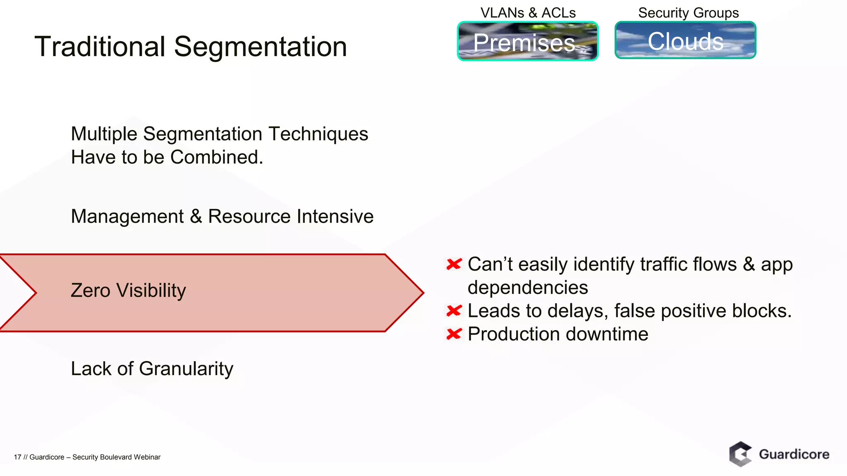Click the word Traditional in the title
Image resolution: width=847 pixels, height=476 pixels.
click(100, 46)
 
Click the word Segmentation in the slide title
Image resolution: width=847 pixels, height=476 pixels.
click(260, 47)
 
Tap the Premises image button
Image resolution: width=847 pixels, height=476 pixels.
click(527, 41)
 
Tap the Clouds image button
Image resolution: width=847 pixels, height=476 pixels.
click(685, 40)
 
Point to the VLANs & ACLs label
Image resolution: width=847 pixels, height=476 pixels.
click(528, 13)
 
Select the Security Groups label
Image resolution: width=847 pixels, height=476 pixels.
click(688, 13)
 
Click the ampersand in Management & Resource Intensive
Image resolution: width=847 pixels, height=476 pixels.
click(196, 217)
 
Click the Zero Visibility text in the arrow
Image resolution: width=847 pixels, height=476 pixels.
click(128, 290)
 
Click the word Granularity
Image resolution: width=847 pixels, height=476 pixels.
click(186, 369)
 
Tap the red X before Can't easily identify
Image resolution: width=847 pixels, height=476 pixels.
click(454, 264)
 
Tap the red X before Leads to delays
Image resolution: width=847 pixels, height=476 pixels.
click(454, 311)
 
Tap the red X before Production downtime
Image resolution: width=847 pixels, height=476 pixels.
click(454, 334)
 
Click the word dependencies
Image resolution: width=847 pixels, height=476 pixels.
click(527, 288)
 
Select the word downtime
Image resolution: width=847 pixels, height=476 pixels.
click(607, 334)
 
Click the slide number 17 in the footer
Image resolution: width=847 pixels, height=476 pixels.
click(17, 457)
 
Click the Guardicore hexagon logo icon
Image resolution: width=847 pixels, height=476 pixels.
click(740, 454)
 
